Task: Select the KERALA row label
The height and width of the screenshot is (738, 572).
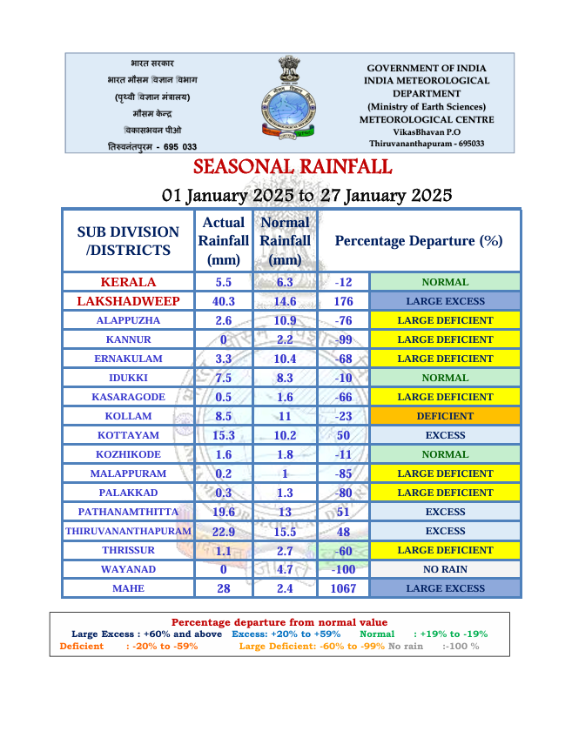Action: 128,282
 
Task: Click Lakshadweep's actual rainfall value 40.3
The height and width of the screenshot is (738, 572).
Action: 223,301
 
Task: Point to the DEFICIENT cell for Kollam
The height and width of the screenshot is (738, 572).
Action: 445,416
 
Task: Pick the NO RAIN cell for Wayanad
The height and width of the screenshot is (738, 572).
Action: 445,569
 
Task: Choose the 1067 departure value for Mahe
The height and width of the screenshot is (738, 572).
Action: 343,588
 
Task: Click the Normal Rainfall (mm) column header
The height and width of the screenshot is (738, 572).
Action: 285,241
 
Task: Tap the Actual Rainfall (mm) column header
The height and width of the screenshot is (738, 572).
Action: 223,241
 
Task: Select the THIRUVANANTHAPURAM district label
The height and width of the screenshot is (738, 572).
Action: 128,531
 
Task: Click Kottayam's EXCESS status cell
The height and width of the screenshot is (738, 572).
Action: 445,435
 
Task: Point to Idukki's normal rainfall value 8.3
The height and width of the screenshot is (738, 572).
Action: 285,378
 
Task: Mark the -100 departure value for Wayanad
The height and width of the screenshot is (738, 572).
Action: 343,569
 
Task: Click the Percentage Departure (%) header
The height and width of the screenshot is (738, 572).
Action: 419,241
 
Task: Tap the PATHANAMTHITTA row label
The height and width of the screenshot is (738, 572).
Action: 128,512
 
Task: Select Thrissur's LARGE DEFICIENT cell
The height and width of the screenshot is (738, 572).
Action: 445,550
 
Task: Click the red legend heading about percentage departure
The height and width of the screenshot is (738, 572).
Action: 279,622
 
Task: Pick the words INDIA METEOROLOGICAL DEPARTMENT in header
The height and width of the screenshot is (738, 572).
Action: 427,86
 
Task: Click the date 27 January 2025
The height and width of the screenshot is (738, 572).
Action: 386,195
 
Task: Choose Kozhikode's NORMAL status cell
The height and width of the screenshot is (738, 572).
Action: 445,454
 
